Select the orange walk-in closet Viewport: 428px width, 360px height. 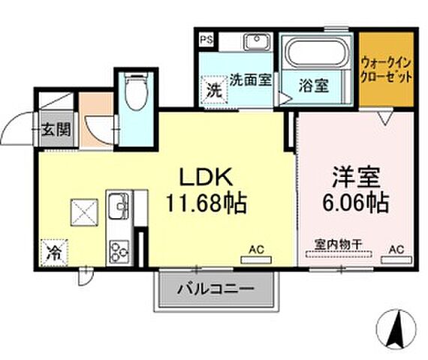coord(385,68)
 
